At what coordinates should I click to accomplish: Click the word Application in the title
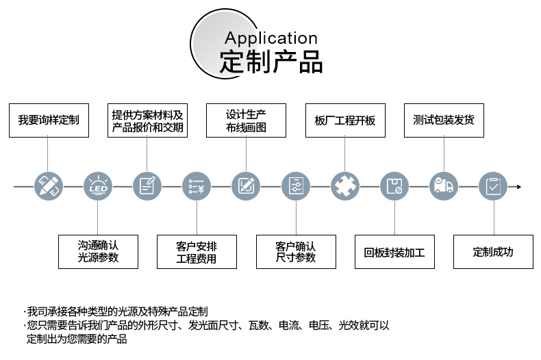click(270, 38)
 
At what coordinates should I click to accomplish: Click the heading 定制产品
click(270, 62)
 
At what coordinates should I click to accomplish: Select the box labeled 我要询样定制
click(49, 120)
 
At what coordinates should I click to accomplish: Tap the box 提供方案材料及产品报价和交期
click(148, 120)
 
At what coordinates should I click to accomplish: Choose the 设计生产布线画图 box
click(246, 120)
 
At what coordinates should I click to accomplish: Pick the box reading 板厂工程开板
click(345, 120)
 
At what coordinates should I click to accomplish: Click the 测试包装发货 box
click(444, 120)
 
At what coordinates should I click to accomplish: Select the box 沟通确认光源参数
click(98, 251)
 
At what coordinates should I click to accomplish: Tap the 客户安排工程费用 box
click(197, 252)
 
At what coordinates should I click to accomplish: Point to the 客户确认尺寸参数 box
click(296, 252)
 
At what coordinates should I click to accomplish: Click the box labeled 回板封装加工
click(394, 252)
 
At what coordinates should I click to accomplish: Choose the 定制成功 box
click(493, 252)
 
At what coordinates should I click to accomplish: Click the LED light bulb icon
click(98, 186)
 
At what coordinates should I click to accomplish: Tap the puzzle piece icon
click(345, 186)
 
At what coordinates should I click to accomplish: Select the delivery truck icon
click(444, 186)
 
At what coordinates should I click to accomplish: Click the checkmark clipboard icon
click(493, 186)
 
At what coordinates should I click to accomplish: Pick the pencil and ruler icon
click(49, 186)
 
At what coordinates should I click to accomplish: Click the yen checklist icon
click(197, 186)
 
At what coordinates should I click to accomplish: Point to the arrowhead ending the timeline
click(519, 186)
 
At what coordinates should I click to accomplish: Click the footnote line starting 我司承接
click(116, 311)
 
